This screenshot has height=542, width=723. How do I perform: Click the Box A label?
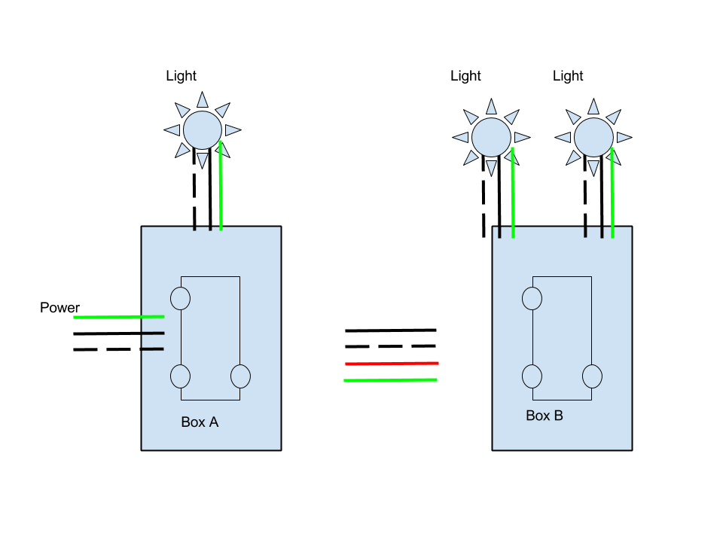pos(200,422)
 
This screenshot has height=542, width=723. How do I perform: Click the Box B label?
pos(544,416)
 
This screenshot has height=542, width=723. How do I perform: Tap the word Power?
pos(59,308)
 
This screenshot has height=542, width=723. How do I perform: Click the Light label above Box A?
pos(181,76)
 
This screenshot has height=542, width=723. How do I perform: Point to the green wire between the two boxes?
pos(390,380)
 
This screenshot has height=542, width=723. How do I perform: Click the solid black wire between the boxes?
pos(390,330)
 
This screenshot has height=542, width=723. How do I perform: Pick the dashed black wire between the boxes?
pos(390,346)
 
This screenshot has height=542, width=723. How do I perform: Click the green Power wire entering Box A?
pos(118,317)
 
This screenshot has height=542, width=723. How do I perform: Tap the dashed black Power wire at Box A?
pos(118,349)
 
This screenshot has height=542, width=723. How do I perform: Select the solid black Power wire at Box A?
pos(118,333)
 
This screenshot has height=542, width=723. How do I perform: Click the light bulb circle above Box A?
pos(202,130)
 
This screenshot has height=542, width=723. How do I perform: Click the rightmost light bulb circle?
pos(593,137)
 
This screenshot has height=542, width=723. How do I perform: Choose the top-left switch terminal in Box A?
pos(180,298)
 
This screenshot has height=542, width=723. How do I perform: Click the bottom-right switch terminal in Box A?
pos(240,376)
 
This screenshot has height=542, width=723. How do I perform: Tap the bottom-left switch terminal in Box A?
pos(180,376)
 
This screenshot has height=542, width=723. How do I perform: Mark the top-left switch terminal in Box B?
pos(532,298)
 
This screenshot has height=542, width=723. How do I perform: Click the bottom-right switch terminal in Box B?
pos(592,376)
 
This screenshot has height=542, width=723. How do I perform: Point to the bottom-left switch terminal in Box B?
pos(532,376)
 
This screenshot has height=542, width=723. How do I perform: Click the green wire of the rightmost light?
pos(612,196)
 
